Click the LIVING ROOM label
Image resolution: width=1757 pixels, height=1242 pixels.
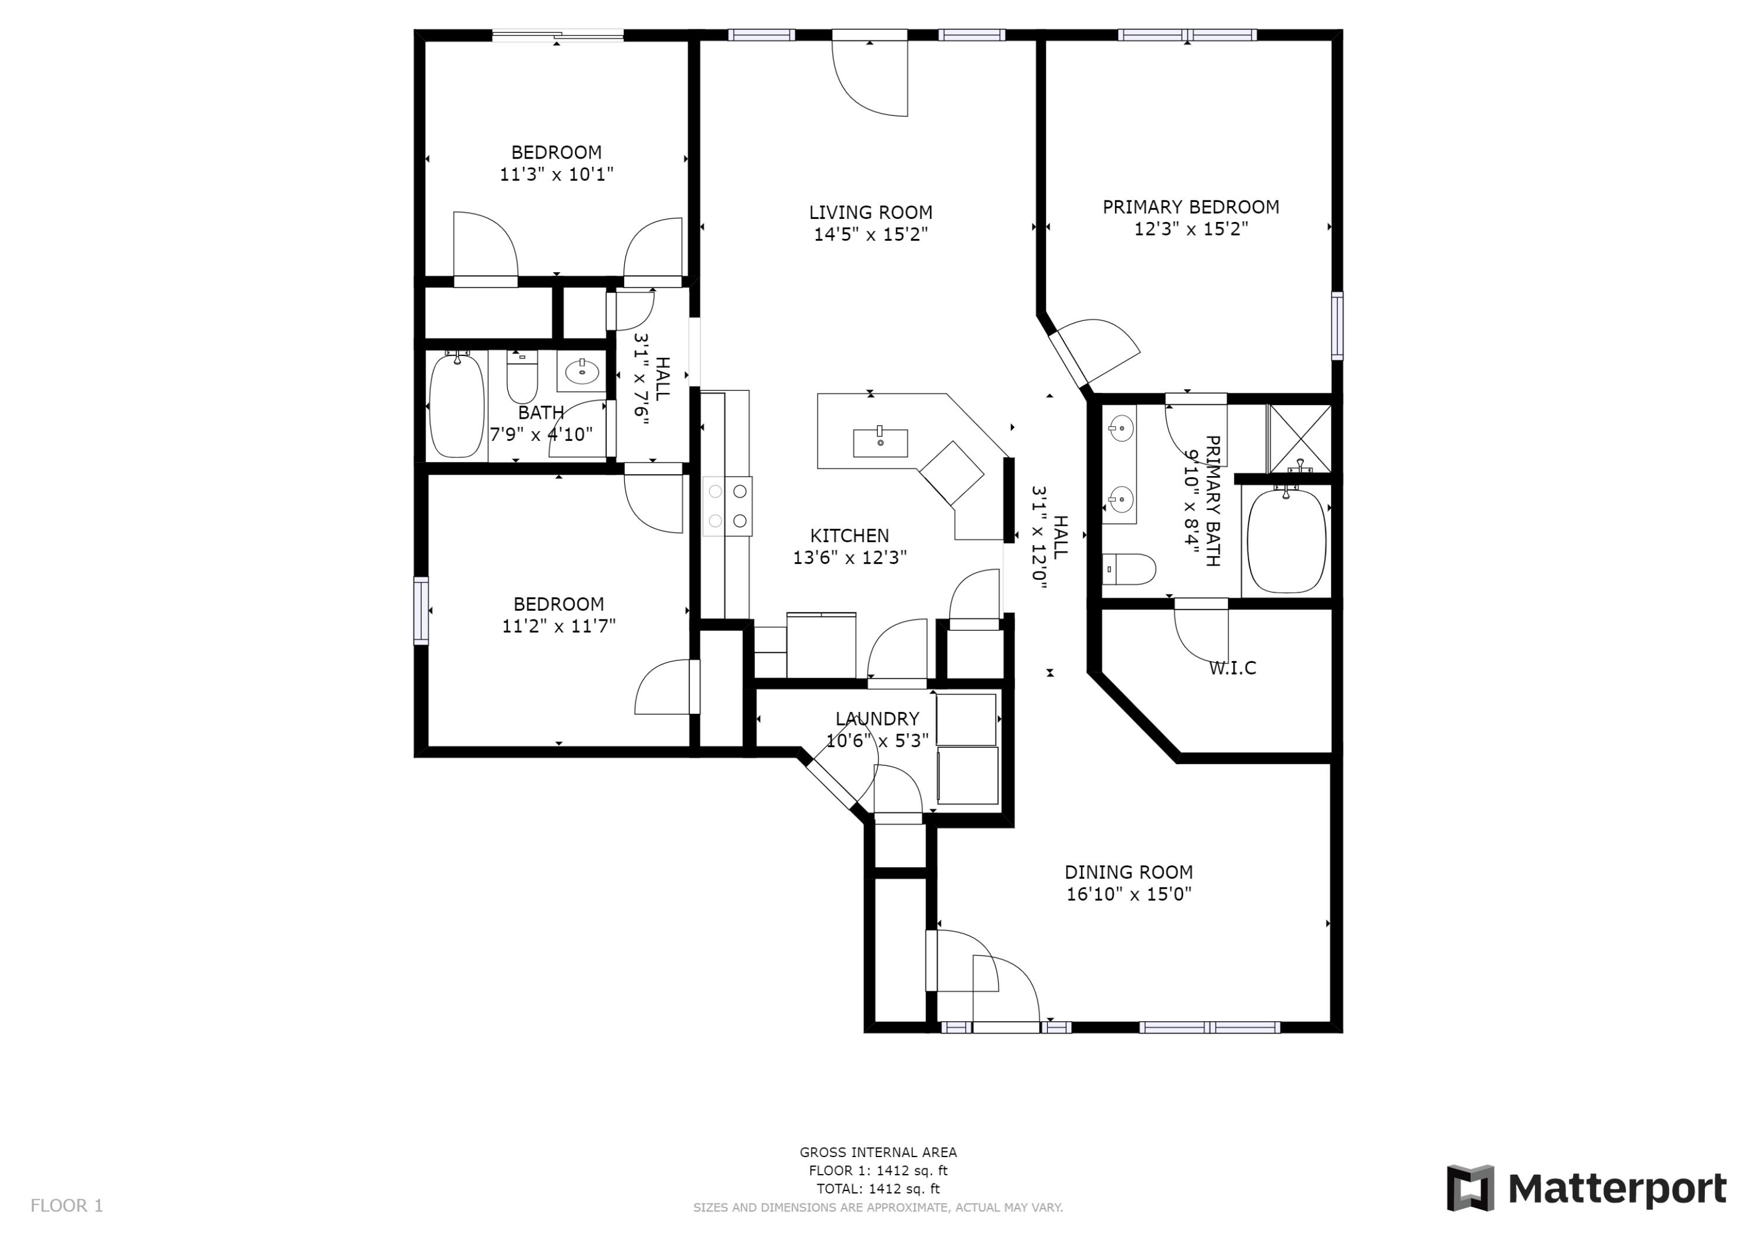coord(870,212)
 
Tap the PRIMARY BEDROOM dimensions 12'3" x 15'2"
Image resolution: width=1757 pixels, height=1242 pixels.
coord(1190,229)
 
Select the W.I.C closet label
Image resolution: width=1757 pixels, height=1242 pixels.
coord(1232,668)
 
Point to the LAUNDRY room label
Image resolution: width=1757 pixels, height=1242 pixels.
coord(877,718)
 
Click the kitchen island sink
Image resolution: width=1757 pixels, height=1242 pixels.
coord(880,442)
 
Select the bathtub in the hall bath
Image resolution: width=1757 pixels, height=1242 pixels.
coord(456,406)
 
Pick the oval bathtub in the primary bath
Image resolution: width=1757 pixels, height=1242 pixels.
coord(1286,541)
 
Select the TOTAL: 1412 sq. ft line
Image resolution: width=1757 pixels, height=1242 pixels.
coord(878,1189)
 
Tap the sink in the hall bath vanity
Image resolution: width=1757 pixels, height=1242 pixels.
coord(582,372)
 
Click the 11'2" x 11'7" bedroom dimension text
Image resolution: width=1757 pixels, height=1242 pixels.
coord(558,626)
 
